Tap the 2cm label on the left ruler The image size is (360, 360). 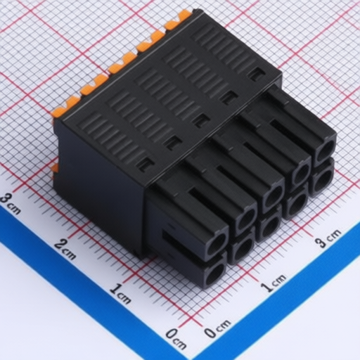point(65,250)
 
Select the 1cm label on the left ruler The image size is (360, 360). point(120,294)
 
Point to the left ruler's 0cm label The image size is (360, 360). point(176,339)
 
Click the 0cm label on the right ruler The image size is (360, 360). point(217,329)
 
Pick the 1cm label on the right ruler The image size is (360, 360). point(274,283)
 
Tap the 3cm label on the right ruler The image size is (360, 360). point(328,238)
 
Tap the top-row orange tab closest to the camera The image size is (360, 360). point(65,108)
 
